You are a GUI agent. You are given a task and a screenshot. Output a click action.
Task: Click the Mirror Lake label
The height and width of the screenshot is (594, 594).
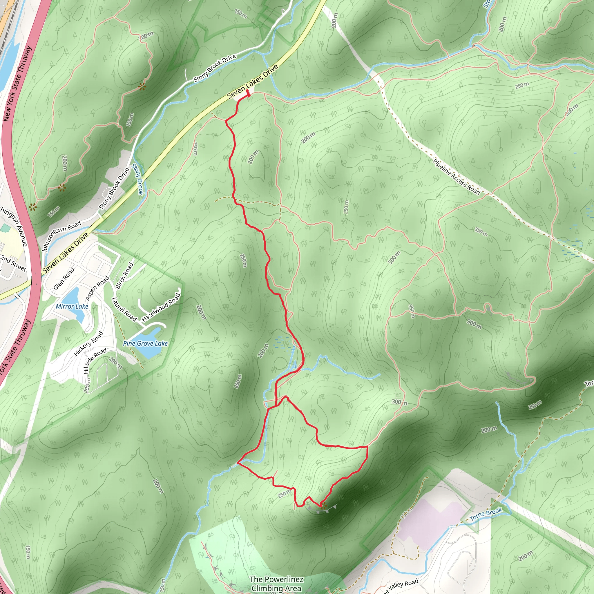[x=72, y=306]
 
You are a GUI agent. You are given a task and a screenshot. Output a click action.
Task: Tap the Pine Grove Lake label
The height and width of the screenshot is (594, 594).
[x=145, y=343]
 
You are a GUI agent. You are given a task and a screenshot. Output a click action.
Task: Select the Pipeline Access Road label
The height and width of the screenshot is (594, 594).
[x=457, y=177]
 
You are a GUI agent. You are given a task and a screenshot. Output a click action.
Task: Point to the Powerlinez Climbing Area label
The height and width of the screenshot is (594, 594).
[x=276, y=584]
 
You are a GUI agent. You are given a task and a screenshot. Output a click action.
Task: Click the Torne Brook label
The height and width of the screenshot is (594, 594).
[x=486, y=514]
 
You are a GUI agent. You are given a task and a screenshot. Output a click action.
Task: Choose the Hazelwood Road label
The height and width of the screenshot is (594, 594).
[x=161, y=307]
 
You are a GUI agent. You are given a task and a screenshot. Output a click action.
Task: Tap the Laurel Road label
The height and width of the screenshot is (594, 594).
[x=124, y=309]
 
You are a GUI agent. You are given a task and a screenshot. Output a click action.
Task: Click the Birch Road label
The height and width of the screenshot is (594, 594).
[x=124, y=276]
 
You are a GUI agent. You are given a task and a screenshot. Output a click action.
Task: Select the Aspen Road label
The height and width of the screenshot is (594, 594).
[x=97, y=288]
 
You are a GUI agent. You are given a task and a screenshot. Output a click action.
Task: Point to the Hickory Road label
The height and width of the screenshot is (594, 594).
[x=88, y=344]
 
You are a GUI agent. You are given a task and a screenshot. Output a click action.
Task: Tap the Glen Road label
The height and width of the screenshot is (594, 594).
[x=64, y=278]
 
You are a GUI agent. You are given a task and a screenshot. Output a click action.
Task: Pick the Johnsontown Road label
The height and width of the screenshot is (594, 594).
[x=61, y=236]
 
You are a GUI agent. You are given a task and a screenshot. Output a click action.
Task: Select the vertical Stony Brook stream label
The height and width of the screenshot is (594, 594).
[x=137, y=179]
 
